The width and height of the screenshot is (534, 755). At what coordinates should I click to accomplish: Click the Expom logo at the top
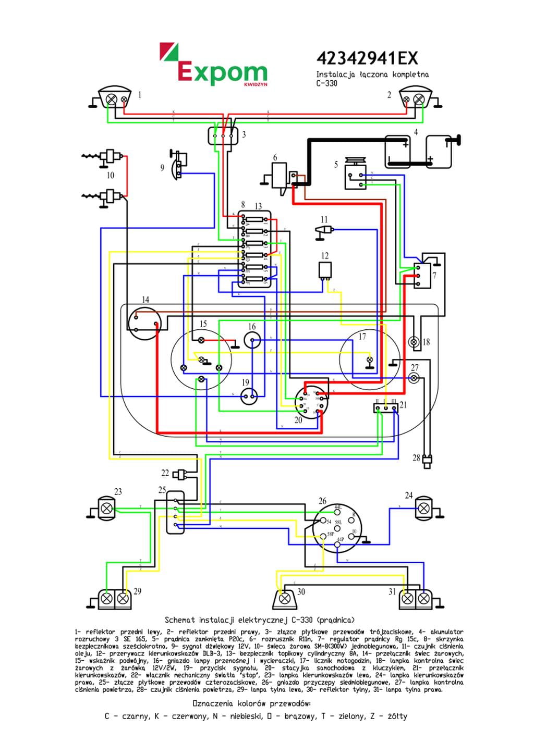tap(214, 65)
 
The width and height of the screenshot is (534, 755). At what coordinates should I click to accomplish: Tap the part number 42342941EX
tap(367, 58)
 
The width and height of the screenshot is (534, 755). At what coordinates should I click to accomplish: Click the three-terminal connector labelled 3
tap(223, 135)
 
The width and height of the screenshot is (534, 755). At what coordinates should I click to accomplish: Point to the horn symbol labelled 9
tap(179, 165)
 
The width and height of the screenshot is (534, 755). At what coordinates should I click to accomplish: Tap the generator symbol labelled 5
tap(356, 176)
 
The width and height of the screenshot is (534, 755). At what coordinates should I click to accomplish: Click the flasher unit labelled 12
tap(325, 270)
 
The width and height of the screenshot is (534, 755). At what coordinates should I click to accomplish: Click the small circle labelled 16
tap(252, 341)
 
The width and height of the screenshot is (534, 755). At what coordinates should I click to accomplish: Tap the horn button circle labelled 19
tap(249, 397)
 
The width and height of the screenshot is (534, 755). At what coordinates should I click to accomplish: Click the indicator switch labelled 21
tap(386, 407)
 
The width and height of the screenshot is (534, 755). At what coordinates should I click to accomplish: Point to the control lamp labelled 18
tap(414, 342)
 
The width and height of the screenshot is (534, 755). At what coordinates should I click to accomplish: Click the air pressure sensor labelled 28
tap(428, 460)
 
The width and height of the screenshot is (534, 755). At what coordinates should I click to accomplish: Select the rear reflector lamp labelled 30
tap(285, 599)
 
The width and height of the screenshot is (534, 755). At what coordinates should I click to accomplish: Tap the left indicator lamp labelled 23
tap(107, 508)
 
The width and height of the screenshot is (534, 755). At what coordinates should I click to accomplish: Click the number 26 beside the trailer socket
tap(322, 501)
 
